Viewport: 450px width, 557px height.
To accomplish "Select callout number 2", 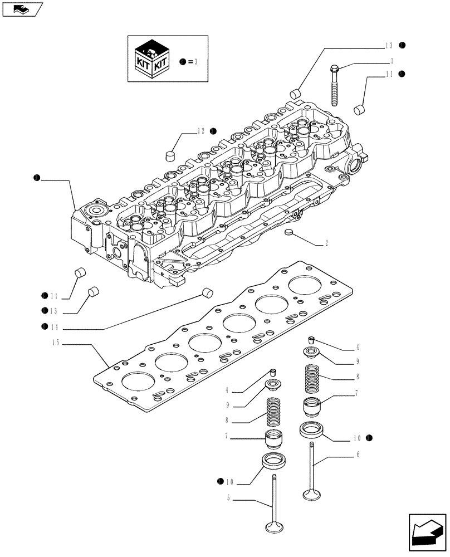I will pos(326,243).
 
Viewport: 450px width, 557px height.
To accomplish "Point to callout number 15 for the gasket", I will pos(56,344).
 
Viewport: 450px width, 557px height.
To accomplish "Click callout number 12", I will pos(201,131).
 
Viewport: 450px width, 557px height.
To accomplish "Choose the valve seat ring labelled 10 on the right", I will pos(313,429).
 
